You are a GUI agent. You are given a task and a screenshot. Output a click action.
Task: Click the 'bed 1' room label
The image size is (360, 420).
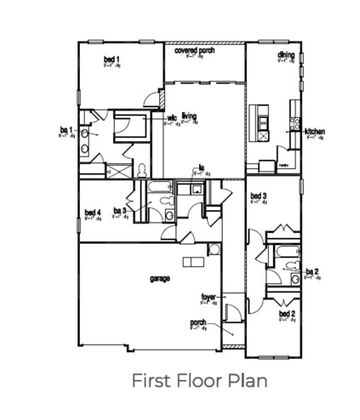tap(111, 59)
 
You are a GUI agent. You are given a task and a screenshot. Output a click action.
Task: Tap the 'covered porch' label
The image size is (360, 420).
tap(195, 50)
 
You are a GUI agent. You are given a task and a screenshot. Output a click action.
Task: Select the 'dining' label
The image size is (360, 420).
tap(286, 55)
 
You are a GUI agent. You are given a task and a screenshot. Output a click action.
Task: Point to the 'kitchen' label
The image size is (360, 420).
tap(316, 132)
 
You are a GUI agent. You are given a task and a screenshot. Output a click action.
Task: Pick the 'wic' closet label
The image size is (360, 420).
tap(171, 119)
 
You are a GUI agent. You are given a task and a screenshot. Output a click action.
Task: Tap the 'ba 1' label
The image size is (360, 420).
tap(66, 130)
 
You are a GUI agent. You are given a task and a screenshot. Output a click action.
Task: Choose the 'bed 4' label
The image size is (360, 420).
tap(94, 213)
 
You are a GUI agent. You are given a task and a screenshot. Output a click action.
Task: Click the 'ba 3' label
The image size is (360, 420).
tap(119, 211)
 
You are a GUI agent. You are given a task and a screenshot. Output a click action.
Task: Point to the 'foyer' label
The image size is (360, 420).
tap(208, 297)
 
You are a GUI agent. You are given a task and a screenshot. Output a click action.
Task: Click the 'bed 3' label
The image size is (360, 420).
tap(259, 196)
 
